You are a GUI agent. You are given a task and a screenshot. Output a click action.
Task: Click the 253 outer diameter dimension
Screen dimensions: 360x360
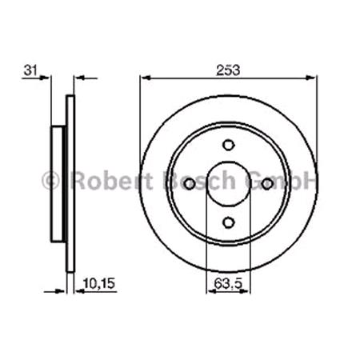[x=228, y=70]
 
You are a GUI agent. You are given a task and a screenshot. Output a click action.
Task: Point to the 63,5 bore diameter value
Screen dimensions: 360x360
[x=229, y=282]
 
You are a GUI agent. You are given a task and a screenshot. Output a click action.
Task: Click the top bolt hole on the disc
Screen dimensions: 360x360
[x=229, y=145]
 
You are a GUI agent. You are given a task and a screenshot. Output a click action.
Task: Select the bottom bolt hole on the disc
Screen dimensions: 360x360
[x=229, y=223]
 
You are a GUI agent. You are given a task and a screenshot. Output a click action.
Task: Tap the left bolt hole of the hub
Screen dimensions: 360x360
[x=190, y=184]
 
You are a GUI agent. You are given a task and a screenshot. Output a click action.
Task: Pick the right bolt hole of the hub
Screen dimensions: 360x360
[x=268, y=184]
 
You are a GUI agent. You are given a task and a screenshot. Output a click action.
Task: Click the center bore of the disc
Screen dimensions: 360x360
[x=229, y=184]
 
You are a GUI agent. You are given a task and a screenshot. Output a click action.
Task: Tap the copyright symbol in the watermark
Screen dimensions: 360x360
[x=50, y=181]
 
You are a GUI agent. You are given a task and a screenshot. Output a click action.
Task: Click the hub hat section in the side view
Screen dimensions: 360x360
[x=58, y=184]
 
